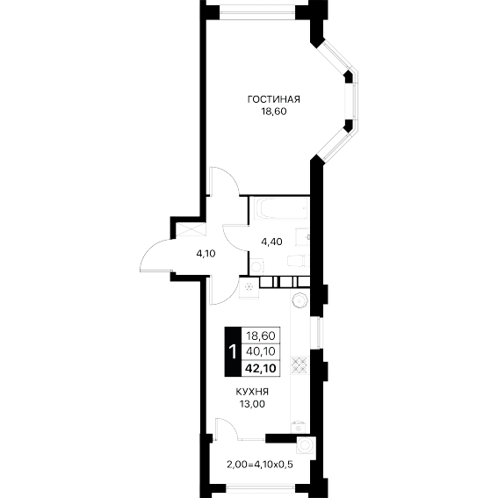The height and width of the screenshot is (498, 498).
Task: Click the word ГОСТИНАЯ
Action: click(273, 99)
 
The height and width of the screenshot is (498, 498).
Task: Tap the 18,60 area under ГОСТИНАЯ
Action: click(274, 112)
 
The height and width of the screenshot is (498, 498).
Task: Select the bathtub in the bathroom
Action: click(284, 208)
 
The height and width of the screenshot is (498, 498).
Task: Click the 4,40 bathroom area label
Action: click(271, 242)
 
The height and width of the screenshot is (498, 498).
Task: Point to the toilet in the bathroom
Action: click(297, 261)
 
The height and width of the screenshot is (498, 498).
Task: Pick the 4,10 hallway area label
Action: click(206, 254)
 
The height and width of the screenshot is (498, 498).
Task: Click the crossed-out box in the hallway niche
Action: click(190, 230)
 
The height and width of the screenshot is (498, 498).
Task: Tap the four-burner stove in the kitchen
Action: click(300, 364)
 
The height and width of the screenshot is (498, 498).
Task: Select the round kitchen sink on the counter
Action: click(300, 300)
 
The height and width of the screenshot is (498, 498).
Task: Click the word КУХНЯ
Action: click(252, 392)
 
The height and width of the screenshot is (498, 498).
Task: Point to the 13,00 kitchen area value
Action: click(252, 404)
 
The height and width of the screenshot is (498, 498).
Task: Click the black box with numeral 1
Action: click(233, 351)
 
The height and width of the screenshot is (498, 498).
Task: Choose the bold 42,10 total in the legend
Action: click(261, 368)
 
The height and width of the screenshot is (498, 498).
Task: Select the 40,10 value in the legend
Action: click(261, 351)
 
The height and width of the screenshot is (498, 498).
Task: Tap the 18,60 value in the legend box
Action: click(261, 335)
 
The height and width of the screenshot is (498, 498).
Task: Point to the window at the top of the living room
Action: click(257, 12)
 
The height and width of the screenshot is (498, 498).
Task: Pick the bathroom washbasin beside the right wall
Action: click(302, 236)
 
